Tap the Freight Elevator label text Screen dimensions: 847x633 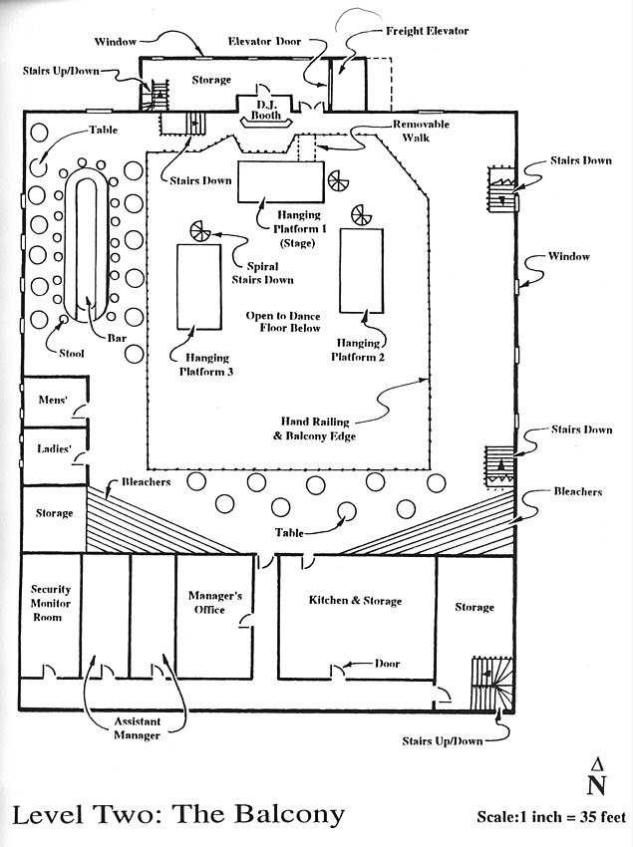(x=427, y=31)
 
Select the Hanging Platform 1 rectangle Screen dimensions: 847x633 (x=280, y=181)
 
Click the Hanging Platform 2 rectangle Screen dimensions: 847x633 (x=361, y=269)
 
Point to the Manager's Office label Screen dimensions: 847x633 (x=215, y=603)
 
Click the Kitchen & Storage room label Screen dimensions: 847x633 (x=356, y=601)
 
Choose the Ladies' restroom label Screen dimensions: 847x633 (x=54, y=449)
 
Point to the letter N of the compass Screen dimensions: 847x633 (x=596, y=785)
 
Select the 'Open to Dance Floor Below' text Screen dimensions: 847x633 (x=284, y=321)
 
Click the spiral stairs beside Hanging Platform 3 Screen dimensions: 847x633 (x=201, y=230)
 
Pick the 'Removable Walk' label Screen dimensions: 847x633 (x=422, y=132)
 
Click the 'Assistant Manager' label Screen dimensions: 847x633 (x=137, y=728)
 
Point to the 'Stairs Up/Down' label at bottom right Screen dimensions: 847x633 (x=443, y=740)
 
